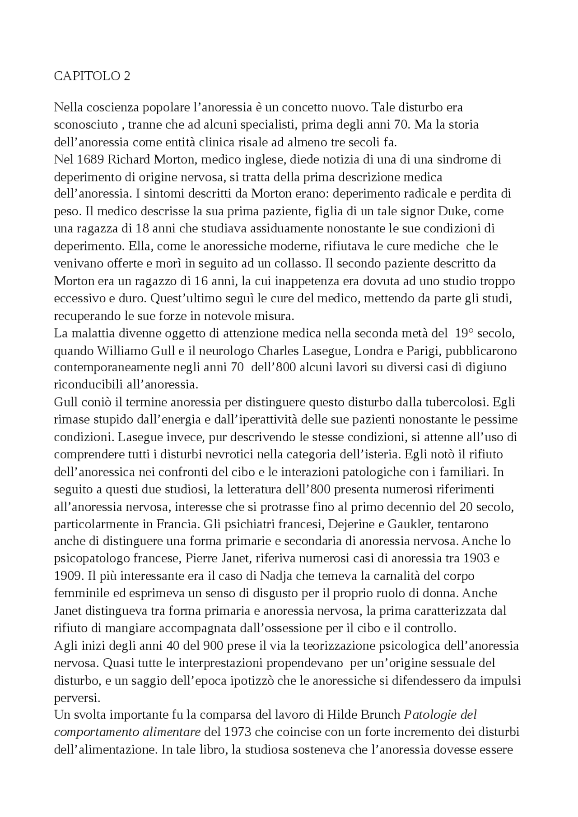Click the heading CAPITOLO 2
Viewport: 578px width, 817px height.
pos(92,76)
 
